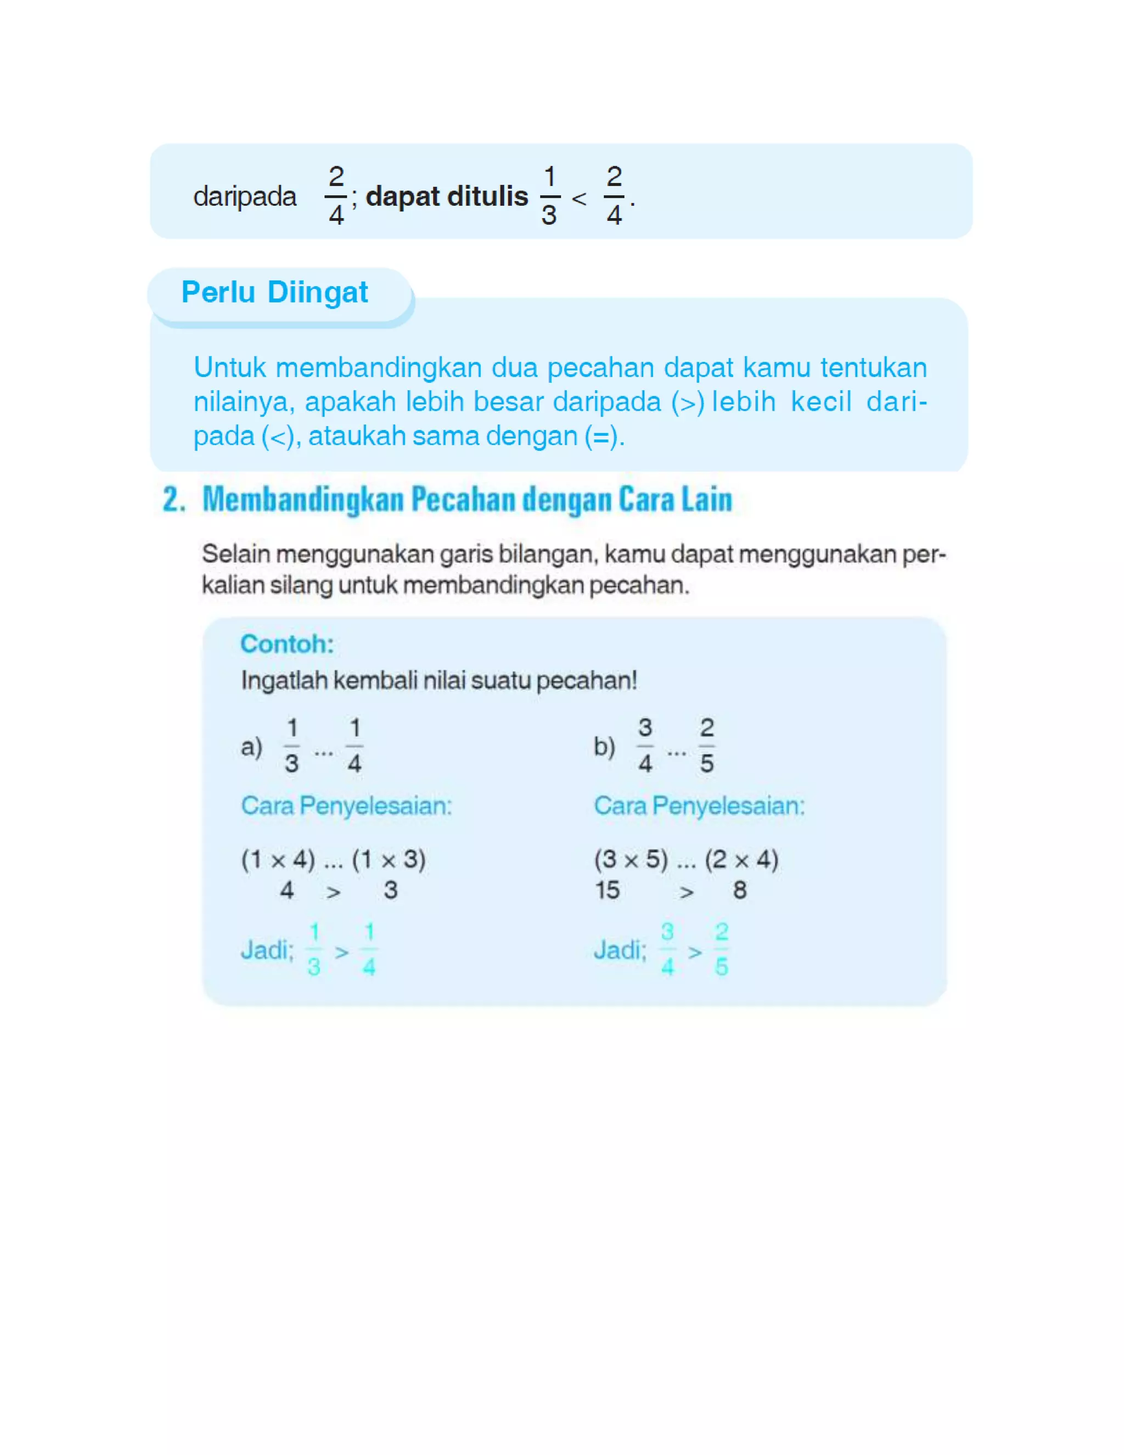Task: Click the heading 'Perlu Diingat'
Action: point(274,293)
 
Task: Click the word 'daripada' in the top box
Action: point(244,197)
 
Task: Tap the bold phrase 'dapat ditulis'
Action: point(447,197)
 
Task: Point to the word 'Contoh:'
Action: point(287,643)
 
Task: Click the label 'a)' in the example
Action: point(251,746)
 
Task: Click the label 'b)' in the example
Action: point(604,746)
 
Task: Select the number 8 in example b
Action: point(740,890)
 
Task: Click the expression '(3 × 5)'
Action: point(631,859)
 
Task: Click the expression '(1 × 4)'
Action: point(278,859)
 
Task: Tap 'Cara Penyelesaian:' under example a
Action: point(346,805)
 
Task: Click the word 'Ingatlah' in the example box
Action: point(284,680)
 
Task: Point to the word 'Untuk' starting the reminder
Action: point(230,368)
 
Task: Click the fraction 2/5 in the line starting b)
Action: point(707,746)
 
